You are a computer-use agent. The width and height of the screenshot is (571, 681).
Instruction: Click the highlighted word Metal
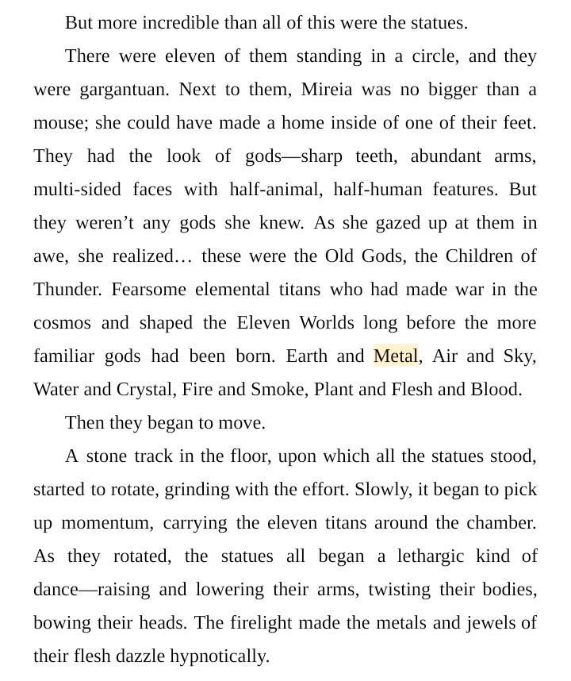[395, 356]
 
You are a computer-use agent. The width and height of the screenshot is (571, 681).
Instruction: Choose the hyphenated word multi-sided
[77, 190]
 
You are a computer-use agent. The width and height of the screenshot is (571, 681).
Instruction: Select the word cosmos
[62, 323]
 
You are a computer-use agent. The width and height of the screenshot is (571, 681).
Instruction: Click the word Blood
[496, 390]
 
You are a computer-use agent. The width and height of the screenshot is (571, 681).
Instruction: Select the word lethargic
[436, 556]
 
